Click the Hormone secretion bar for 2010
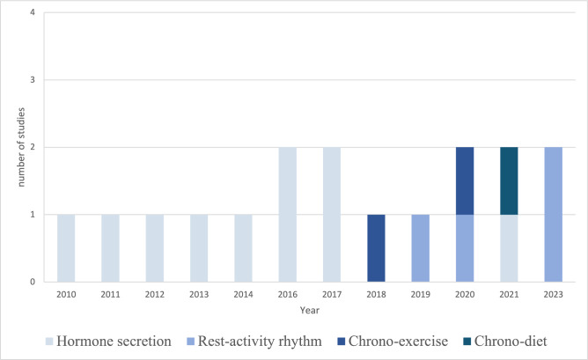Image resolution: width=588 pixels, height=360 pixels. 66,248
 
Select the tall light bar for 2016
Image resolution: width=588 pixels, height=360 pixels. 288,214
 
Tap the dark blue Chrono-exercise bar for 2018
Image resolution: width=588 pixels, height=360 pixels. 376,248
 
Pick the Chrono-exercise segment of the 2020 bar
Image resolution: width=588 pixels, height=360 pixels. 465,180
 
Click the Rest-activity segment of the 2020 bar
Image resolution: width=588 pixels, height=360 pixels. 465,248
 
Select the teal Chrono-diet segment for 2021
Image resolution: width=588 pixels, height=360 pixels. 509,180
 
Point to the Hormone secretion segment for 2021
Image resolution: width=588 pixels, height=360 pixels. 509,248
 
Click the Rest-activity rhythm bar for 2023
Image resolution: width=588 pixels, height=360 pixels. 553,214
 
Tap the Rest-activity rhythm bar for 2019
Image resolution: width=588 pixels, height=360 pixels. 421,248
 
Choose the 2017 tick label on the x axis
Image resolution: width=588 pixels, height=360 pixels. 332,295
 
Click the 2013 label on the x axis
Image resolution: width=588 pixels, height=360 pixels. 199,295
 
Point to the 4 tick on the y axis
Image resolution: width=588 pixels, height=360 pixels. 33,12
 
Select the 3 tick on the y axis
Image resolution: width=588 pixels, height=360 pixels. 33,80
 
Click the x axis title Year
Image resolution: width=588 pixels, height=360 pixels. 310,311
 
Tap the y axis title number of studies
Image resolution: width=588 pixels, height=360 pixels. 21,147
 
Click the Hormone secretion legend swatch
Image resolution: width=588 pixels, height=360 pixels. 49,342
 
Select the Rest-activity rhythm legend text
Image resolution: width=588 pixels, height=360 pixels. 260,342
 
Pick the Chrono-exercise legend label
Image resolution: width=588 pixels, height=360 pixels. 398,342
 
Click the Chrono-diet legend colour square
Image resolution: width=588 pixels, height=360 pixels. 467,342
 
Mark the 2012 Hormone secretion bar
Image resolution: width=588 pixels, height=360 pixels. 155,248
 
